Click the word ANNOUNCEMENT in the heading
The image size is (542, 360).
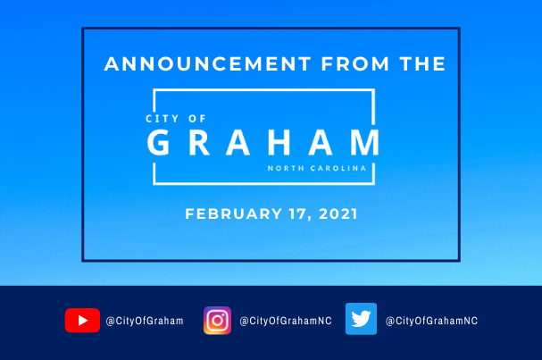click(208, 64)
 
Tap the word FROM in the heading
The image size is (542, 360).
click(355, 64)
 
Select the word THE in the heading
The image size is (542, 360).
click(422, 64)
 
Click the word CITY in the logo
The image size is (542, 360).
click(163, 119)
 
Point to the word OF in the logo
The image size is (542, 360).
click(197, 119)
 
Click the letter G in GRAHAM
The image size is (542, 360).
click(158, 142)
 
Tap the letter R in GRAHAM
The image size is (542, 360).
click(199, 142)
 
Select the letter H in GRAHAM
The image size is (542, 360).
click(279, 142)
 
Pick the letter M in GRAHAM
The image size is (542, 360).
click(365, 142)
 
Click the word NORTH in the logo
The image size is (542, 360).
click(286, 169)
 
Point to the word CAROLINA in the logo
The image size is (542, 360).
click(338, 169)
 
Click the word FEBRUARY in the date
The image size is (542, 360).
click(233, 213)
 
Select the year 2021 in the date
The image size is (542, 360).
click(338, 213)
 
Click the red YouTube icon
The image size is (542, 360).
click(82, 320)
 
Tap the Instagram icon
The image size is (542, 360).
click(217, 321)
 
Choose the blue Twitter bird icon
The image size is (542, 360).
click(362, 319)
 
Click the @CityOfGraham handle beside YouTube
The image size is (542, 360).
click(145, 321)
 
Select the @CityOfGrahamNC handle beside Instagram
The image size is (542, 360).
click(286, 321)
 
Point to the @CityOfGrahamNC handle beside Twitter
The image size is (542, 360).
click(431, 321)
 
